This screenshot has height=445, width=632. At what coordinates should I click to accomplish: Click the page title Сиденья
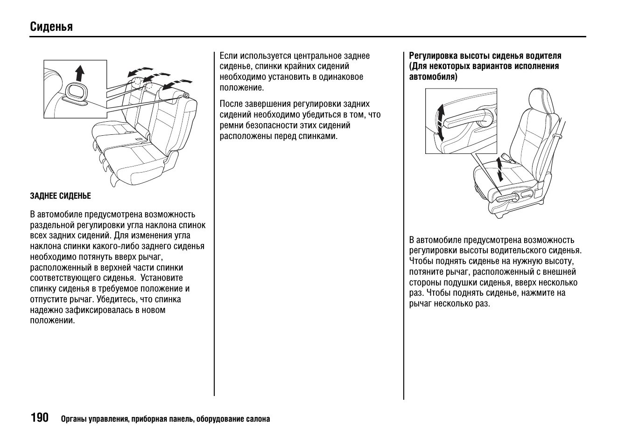[51, 27]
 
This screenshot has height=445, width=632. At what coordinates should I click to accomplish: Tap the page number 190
[40, 417]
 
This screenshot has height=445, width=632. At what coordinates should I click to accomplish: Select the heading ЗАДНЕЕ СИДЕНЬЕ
[60, 196]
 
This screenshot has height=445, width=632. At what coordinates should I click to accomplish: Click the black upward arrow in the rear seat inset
[80, 73]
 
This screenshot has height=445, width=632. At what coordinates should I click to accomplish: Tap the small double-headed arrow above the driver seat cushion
[500, 169]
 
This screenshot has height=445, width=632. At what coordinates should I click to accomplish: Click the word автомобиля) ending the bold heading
[433, 77]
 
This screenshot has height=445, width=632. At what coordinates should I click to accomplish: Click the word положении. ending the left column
[53, 320]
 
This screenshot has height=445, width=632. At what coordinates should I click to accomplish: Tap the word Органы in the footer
[72, 419]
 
